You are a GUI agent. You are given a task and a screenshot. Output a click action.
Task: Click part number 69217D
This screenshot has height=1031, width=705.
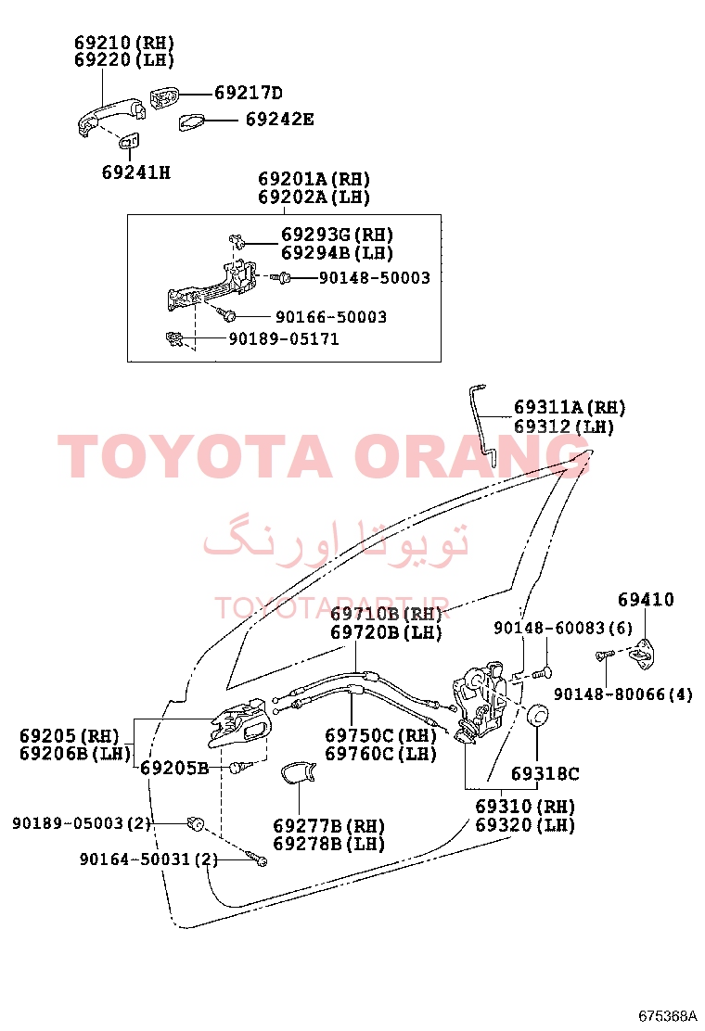click(x=249, y=93)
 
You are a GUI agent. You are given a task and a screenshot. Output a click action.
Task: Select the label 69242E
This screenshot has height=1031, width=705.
click(x=279, y=120)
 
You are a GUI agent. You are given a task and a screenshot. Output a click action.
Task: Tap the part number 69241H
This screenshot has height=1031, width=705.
click(x=136, y=172)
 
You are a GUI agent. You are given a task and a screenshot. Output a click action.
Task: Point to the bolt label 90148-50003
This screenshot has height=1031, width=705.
click(x=374, y=278)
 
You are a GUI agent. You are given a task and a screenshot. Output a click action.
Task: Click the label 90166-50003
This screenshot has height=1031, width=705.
click(x=331, y=317)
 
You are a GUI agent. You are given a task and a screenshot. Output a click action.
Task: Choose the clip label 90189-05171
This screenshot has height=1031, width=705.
click(x=284, y=339)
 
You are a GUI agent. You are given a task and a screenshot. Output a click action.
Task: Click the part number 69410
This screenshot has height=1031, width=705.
click(x=646, y=600)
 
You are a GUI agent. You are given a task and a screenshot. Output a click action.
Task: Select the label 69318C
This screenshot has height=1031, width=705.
click(x=545, y=774)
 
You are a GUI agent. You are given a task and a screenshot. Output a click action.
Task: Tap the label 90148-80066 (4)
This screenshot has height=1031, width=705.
click(x=622, y=694)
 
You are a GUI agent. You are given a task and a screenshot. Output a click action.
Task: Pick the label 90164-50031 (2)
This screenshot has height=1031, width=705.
click(x=148, y=859)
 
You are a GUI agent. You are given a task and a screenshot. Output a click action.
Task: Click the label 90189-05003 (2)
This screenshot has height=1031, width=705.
click(x=82, y=823)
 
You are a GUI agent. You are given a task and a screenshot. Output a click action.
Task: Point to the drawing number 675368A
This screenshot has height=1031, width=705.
click(x=667, y=1016)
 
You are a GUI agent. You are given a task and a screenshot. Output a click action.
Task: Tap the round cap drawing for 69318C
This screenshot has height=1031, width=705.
click(x=539, y=715)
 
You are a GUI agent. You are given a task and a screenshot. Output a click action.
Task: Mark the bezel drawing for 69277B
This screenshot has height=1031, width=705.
click(x=297, y=772)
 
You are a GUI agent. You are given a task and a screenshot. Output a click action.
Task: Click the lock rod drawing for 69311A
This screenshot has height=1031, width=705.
click(x=483, y=425)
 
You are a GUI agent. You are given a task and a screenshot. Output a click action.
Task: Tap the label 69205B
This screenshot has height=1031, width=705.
click(x=174, y=768)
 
